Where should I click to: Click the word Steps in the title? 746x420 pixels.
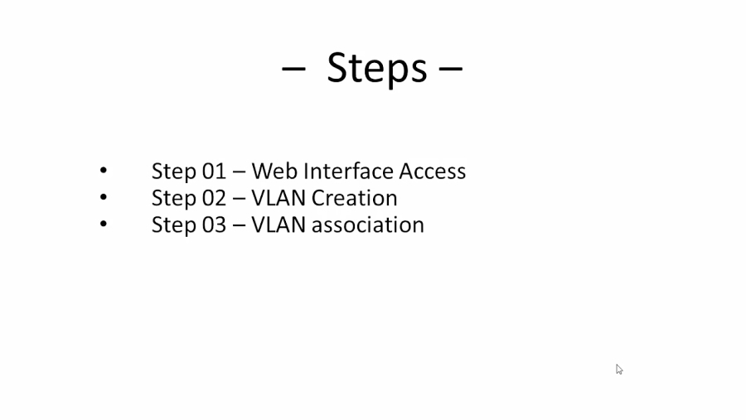click(377, 68)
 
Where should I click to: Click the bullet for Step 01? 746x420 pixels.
click(104, 171)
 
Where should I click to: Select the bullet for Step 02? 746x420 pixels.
click(104, 197)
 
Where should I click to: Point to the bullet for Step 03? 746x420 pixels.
click(104, 224)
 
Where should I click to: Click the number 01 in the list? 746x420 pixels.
click(214, 171)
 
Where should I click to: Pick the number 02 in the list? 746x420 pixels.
click(214, 198)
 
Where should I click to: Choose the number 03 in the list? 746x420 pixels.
click(214, 224)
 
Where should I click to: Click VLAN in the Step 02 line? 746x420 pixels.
click(279, 198)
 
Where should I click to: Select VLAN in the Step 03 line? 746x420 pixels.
click(279, 224)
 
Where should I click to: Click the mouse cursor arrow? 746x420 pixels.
click(619, 369)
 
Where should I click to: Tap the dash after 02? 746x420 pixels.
click(239, 199)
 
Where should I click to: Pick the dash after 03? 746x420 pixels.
click(239, 225)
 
